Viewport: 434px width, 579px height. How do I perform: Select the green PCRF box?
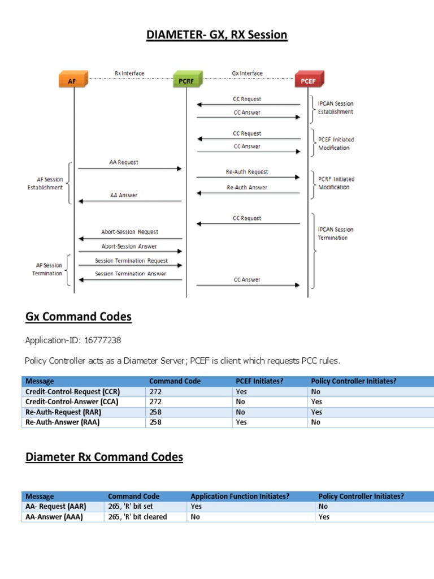pyautogui.click(x=186, y=80)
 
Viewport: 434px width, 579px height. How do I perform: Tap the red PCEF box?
pyautogui.click(x=309, y=80)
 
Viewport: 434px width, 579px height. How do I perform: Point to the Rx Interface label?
pyautogui.click(x=129, y=74)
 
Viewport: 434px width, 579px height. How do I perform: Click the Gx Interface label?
pyautogui.click(x=247, y=74)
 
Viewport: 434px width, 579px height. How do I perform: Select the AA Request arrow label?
pyautogui.click(x=123, y=162)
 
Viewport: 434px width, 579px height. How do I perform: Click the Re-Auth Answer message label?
pyautogui.click(x=247, y=187)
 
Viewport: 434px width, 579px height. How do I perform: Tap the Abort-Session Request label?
pyautogui.click(x=130, y=232)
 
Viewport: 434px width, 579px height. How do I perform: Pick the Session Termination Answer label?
pyautogui.click(x=131, y=274)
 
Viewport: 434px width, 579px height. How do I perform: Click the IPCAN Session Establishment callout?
pyautogui.click(x=336, y=108)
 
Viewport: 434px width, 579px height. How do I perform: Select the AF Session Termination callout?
pyautogui.click(x=47, y=269)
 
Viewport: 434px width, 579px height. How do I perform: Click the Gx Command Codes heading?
pyautogui.click(x=79, y=317)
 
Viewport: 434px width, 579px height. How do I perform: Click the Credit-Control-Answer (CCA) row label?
pyautogui.click(x=72, y=402)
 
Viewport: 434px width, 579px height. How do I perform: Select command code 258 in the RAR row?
pyautogui.click(x=155, y=412)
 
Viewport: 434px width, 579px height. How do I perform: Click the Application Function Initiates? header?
pyautogui.click(x=240, y=496)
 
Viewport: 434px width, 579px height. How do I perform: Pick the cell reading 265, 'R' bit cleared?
pyautogui.click(x=137, y=517)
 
